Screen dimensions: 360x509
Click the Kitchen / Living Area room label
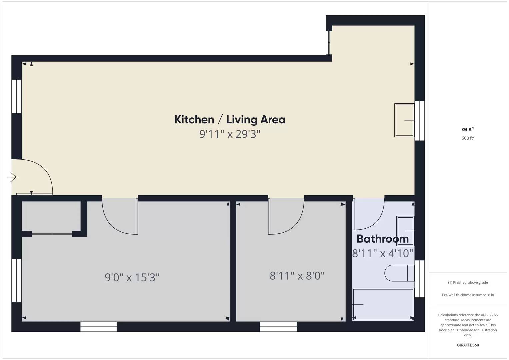230,119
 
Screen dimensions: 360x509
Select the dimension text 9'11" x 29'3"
230,134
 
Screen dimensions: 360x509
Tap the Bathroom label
382,239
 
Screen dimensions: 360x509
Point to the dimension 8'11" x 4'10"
382,253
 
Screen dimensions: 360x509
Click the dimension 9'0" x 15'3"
132,277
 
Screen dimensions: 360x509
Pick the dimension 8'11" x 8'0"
297,276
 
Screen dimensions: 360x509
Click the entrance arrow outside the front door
11,177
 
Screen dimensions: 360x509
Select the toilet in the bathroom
399,273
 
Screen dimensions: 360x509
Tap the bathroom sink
405,231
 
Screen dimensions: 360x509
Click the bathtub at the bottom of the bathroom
383,304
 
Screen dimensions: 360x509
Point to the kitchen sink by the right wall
404,120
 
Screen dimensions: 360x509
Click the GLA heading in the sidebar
467,130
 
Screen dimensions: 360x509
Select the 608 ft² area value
468,138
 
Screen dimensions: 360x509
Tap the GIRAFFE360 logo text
468,345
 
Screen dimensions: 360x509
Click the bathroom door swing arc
368,215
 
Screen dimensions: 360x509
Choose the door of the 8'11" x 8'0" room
286,217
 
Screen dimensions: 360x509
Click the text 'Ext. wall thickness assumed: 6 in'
468,295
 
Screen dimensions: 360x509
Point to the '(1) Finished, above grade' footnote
468,282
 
